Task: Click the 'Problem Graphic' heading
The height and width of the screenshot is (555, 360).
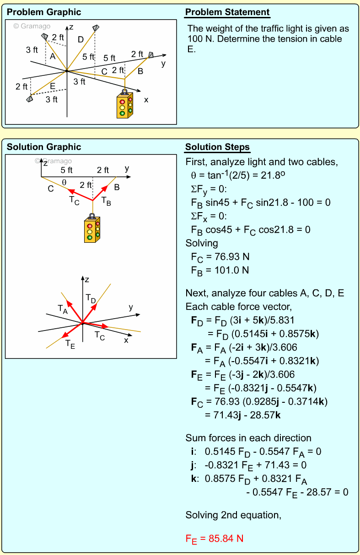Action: (x=44, y=12)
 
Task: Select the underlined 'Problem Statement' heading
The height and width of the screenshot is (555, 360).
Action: (x=227, y=12)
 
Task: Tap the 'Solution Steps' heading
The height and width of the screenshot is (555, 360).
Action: (x=217, y=147)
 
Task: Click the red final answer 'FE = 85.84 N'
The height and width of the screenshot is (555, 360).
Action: (x=214, y=539)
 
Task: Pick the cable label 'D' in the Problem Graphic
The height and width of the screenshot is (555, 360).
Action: (x=81, y=40)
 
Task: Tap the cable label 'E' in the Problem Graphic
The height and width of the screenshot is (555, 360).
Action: (x=53, y=86)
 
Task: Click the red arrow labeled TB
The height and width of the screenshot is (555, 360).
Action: (x=101, y=192)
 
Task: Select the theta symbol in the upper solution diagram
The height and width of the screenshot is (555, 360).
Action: (x=64, y=182)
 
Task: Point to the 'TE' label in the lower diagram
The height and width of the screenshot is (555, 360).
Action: (x=70, y=343)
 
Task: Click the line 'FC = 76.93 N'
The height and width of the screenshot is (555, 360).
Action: (x=220, y=256)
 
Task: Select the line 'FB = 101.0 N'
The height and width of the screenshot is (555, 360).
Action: (x=220, y=270)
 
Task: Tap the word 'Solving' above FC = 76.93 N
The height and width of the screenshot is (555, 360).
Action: (x=202, y=243)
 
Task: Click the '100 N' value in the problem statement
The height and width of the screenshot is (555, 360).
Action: (x=200, y=39)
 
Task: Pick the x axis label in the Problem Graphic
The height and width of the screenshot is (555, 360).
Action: (x=146, y=100)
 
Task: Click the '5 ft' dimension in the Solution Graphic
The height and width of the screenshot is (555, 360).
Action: (x=67, y=170)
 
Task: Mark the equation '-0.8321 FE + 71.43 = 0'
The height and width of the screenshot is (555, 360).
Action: (x=255, y=465)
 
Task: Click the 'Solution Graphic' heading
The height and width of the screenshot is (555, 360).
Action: (x=44, y=147)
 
